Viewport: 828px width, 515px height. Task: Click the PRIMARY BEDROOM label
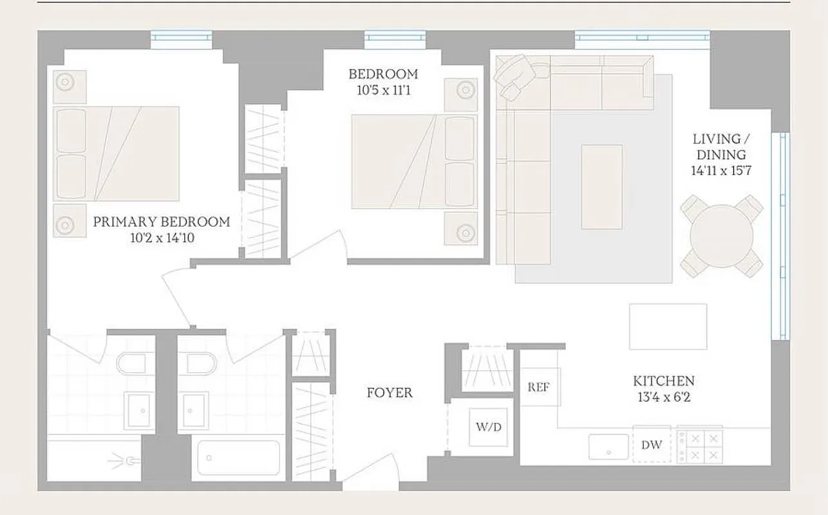(x=161, y=222)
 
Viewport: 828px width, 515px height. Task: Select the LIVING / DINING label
(x=720, y=147)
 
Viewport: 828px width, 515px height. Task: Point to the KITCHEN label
(x=663, y=381)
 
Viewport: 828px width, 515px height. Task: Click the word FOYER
(x=390, y=393)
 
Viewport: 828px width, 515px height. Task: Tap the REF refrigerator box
(x=539, y=387)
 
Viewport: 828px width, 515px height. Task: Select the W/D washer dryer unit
(x=489, y=426)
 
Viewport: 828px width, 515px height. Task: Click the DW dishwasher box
(x=652, y=445)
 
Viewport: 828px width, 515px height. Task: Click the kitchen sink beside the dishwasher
(x=608, y=447)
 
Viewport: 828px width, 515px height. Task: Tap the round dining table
(x=722, y=236)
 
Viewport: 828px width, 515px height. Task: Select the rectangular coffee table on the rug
(x=601, y=187)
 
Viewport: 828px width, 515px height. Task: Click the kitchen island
(x=668, y=326)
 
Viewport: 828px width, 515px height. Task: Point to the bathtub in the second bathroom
(x=238, y=458)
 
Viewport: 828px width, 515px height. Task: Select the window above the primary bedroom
(x=181, y=39)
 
